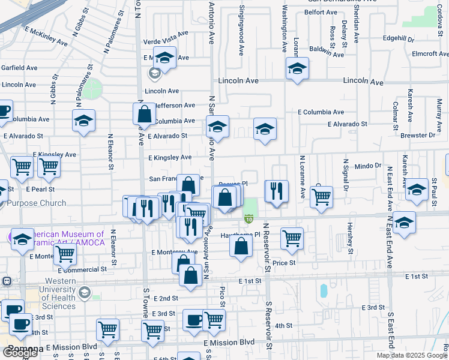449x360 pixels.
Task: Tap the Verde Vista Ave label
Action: point(166,42)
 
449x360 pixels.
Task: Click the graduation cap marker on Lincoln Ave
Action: point(297,68)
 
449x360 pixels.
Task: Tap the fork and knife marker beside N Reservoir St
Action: point(276,191)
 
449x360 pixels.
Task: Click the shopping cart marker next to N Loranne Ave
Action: point(322,196)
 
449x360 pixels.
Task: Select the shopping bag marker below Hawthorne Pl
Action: point(241,246)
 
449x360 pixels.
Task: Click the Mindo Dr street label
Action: point(368,166)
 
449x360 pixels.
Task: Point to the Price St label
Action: point(284,263)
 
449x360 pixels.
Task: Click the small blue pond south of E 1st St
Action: point(324,291)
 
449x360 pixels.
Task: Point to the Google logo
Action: point(20,353)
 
